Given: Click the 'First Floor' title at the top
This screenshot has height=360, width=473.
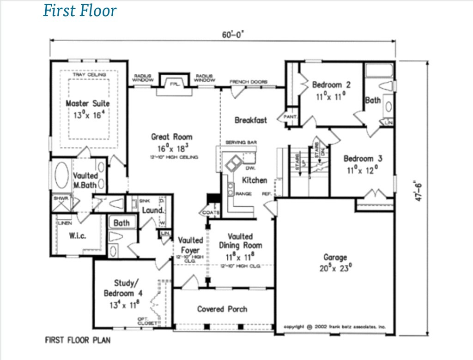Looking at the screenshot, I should [x=80, y=10].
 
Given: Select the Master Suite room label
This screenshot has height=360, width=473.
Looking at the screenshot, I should [x=88, y=103].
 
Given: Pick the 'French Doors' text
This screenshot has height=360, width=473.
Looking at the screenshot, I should [x=249, y=82].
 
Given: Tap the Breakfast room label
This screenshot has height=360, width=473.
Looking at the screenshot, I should [x=251, y=120].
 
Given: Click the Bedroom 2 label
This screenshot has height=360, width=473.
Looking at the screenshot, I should [x=331, y=85].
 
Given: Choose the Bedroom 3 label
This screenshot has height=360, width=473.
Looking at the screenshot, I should [x=363, y=159].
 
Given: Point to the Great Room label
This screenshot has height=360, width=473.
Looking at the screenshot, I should [x=172, y=137].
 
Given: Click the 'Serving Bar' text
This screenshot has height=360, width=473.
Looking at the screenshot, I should [x=242, y=142].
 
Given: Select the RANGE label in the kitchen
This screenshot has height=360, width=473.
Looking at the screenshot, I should [x=243, y=194].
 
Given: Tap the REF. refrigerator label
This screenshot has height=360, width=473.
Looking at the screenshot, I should [x=266, y=194].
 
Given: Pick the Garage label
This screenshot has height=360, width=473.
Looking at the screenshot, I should [x=335, y=258].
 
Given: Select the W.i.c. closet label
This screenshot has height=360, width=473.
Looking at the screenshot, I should [x=78, y=235].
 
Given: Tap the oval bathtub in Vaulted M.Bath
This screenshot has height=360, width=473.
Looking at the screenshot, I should [x=61, y=175].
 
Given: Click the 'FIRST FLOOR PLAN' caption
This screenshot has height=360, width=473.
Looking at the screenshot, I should [x=78, y=341].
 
